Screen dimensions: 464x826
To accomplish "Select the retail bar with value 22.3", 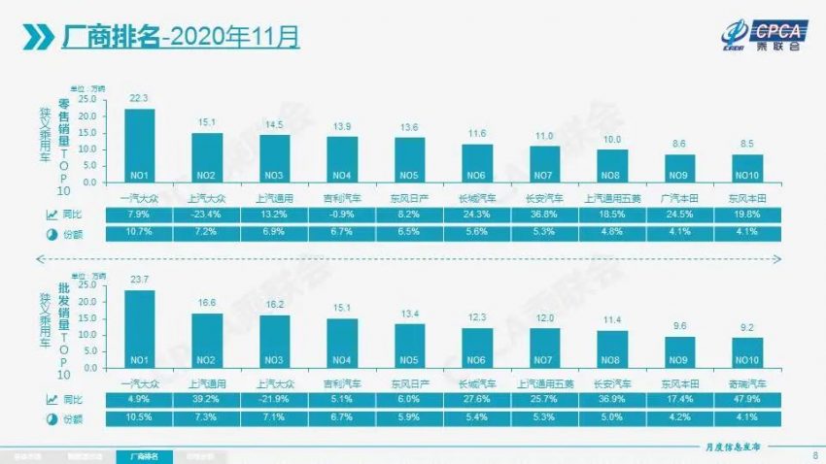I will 139,145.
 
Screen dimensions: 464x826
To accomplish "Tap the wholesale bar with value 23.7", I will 139,331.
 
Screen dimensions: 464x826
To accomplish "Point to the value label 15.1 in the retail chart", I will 206,123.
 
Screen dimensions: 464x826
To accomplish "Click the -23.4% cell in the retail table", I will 206,215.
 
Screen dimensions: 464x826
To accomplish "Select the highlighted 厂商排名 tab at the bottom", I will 144,455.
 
